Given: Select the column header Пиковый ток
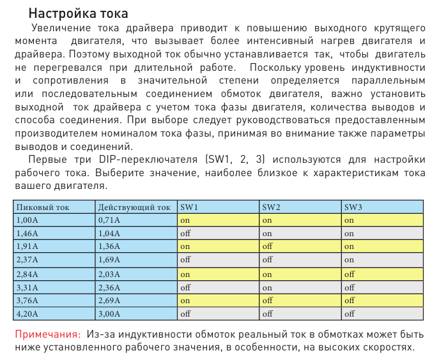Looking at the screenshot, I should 42,207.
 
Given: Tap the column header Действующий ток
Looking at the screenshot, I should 134,207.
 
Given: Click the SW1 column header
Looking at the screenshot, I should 190,207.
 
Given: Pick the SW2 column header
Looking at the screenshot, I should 272,207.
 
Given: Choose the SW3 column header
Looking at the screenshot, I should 353,207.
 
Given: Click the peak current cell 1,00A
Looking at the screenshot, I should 27,220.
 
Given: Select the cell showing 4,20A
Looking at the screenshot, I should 27,313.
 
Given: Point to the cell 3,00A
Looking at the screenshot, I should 109,313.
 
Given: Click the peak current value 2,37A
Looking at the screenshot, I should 27,260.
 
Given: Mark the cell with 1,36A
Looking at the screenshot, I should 109,246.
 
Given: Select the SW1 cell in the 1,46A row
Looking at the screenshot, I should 186,233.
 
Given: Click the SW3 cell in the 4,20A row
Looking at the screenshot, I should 350,313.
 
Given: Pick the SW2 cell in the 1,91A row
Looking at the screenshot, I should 268,246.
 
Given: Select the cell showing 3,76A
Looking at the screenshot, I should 27,300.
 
